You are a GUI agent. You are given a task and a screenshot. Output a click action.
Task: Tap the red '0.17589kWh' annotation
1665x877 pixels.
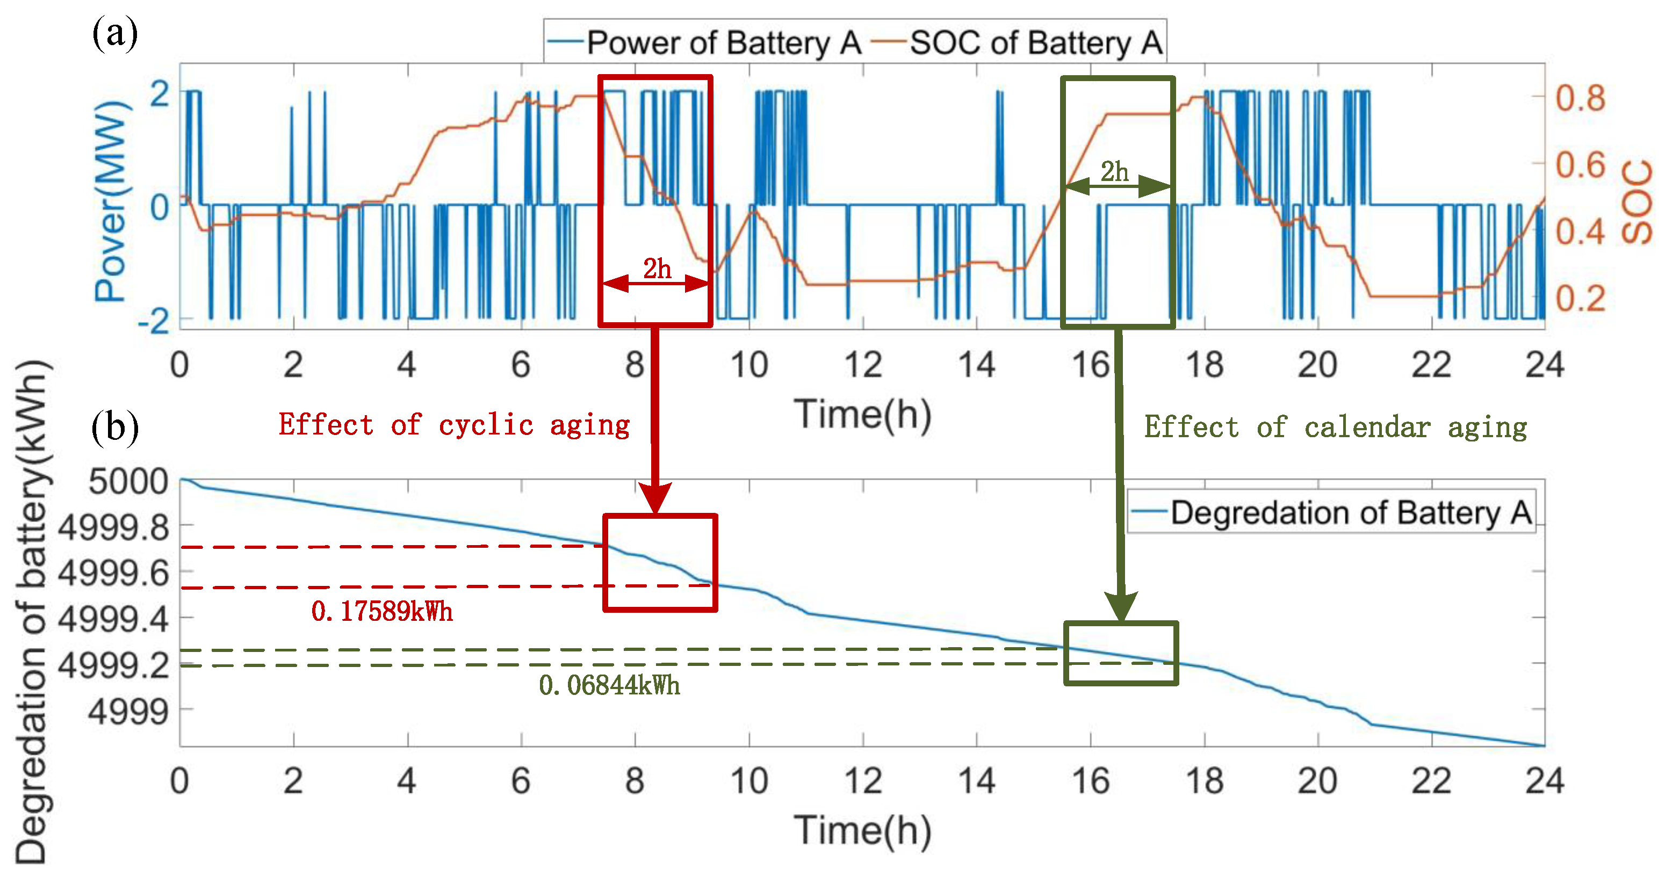pos(382,611)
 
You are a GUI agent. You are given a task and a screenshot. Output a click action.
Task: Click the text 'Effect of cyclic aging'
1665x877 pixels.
pos(454,425)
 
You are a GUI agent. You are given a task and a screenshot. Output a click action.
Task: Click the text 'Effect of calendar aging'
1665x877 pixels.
pos(1335,427)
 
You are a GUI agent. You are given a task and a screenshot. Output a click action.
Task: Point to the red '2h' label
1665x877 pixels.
pos(656,268)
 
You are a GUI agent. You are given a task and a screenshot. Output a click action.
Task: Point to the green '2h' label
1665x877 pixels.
pos(1114,172)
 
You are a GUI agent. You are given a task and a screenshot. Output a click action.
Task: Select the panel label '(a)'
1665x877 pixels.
pos(114,34)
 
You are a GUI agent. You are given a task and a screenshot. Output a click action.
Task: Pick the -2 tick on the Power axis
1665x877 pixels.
pos(154,321)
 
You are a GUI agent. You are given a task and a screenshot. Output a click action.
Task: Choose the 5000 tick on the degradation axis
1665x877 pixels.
pos(128,482)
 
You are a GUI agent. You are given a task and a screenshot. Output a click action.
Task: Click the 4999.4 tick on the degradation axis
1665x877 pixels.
pos(114,619)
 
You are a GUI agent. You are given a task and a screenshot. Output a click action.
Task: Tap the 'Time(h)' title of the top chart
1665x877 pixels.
pos(862,414)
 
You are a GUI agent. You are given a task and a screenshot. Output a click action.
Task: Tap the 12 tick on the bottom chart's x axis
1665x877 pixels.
pos(862,781)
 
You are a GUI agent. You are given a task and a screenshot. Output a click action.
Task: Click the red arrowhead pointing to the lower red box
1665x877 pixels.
pos(655,498)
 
